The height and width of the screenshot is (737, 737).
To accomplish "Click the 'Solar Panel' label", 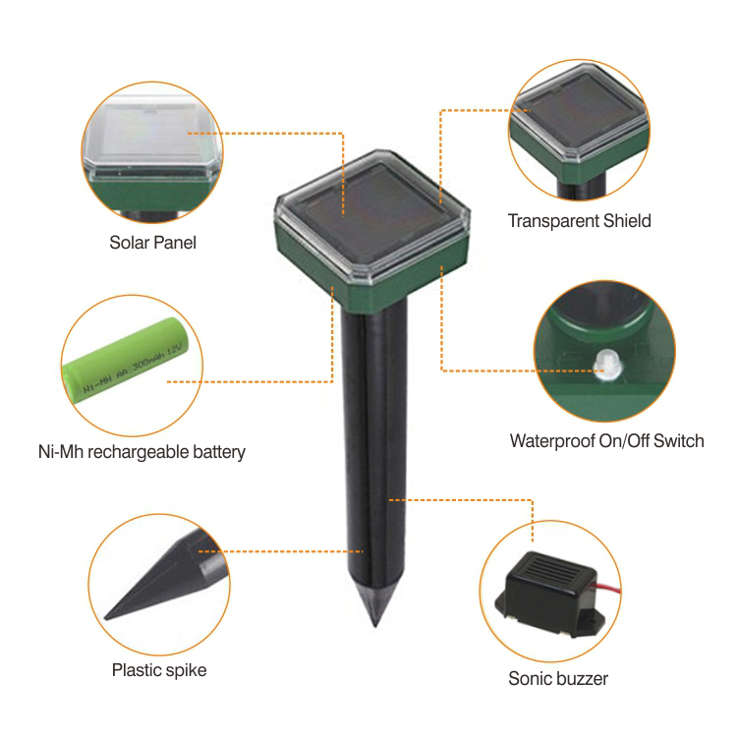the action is click(x=152, y=243).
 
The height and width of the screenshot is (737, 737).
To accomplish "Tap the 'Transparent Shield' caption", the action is click(x=579, y=221).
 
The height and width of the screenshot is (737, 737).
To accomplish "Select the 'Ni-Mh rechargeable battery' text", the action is click(x=142, y=452).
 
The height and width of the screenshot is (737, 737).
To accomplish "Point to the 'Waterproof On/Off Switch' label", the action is click(x=607, y=441).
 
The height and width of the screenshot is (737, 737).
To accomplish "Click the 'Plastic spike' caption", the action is click(x=159, y=670).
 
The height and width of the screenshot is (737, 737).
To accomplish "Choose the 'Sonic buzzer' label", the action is click(x=558, y=679).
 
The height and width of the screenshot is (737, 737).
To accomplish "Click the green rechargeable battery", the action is click(x=127, y=360).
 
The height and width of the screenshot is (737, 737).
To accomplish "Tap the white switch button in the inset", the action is click(x=607, y=364).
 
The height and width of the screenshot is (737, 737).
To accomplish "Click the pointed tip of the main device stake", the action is click(x=375, y=627).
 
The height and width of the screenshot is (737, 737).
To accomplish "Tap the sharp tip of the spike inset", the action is click(x=106, y=618).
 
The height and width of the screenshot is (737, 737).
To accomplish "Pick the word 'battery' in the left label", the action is click(x=219, y=452).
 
